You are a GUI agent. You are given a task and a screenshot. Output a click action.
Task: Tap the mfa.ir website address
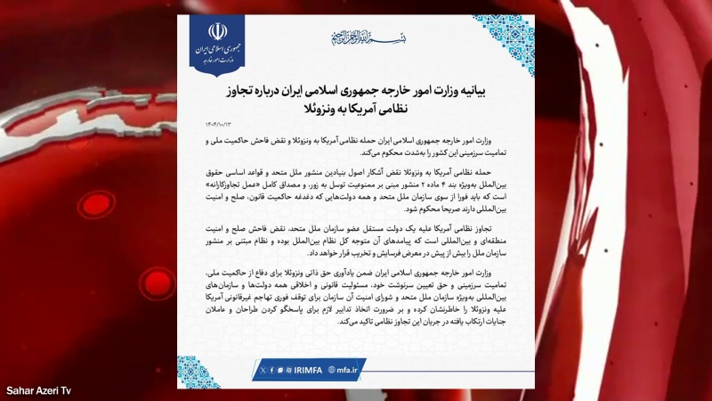(x=347, y=369)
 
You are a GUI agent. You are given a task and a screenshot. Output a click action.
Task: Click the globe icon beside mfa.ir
(x=331, y=369)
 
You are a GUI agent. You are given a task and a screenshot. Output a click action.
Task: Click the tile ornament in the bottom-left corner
(x=198, y=372)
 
